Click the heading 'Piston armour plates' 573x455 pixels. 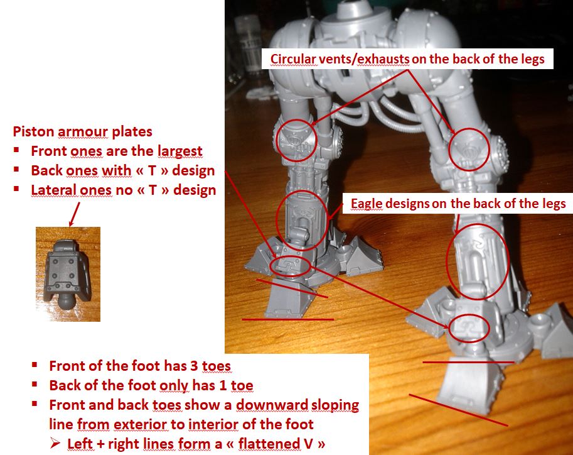[82, 132]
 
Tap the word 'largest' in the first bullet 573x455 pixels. [179, 151]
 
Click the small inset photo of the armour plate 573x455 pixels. [68, 274]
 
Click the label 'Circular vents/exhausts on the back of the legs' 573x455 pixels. [407, 58]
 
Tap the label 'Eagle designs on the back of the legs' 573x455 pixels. [458, 204]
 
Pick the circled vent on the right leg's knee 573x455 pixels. [469, 150]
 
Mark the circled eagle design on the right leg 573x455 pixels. [477, 262]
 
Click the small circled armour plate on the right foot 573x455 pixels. [469, 327]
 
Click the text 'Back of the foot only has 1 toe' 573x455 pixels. [151, 385]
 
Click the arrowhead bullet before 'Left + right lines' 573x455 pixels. [55, 444]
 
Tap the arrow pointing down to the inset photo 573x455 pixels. [74, 214]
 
